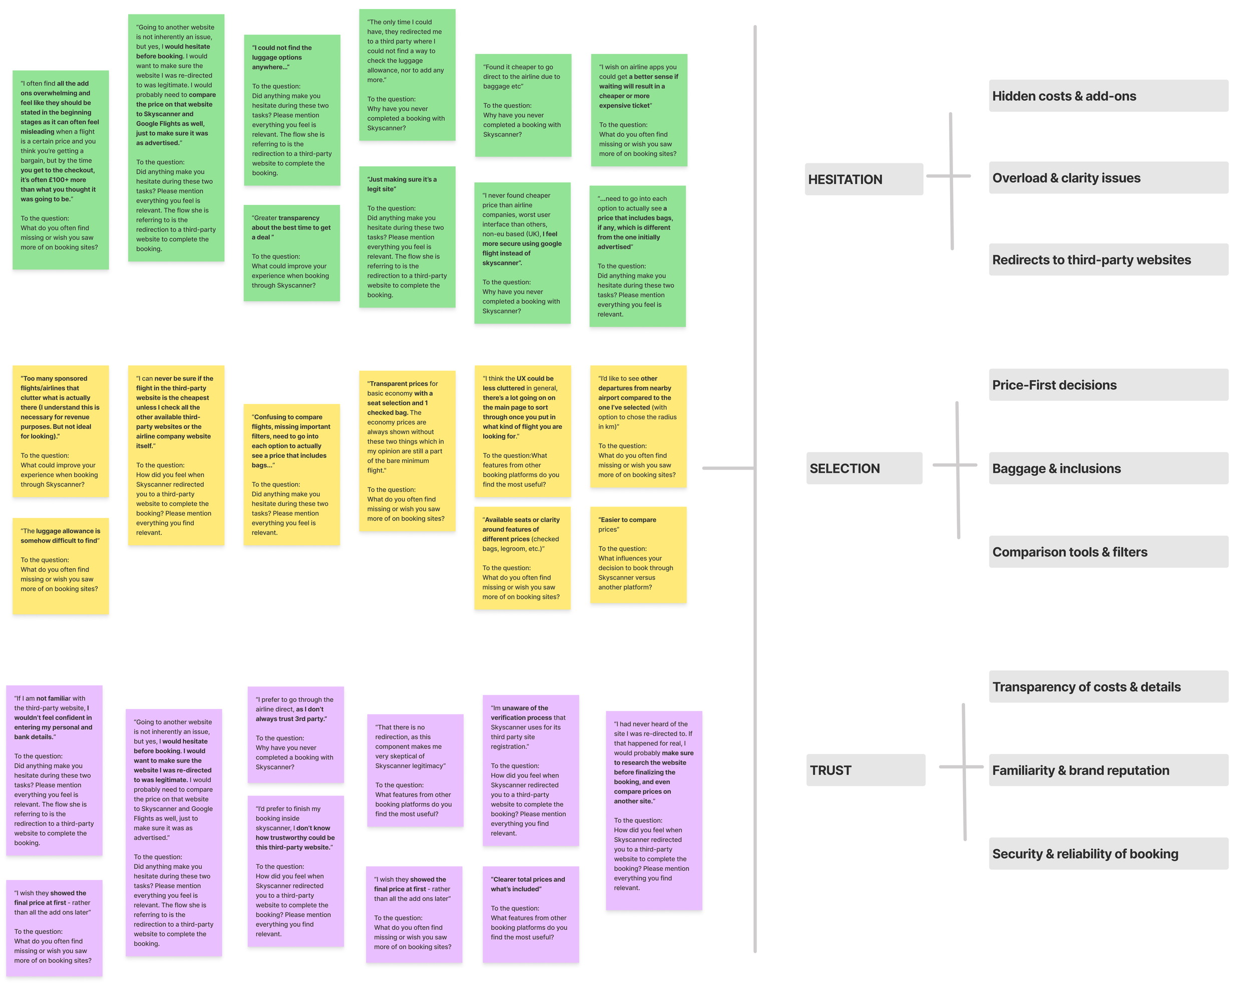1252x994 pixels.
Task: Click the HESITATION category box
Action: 863,179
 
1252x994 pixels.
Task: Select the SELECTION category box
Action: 863,468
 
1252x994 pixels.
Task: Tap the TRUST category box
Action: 865,771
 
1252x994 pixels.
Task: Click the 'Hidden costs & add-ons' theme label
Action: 1108,96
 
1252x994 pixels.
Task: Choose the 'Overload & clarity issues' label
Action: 1108,178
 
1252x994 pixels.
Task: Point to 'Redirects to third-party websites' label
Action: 1108,260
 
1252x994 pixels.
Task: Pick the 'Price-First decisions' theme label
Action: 1108,385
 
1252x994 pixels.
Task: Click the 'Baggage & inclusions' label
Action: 1108,468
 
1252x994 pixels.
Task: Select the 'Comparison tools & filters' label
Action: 1108,552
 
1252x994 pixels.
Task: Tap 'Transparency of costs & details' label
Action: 1108,687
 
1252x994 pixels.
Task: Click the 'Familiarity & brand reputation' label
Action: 1108,771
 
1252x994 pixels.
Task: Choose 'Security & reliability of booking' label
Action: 1108,853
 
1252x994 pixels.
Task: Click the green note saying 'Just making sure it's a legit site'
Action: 407,237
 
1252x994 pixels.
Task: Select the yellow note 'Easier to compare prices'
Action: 638,555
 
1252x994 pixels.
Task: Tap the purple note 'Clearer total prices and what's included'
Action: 530,914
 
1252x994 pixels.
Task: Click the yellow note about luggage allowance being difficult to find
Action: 61,566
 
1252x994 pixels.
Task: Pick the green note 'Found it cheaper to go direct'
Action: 523,105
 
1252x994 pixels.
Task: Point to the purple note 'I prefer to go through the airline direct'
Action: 295,734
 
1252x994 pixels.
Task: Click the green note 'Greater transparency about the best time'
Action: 291,253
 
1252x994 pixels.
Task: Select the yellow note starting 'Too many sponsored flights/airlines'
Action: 61,431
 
